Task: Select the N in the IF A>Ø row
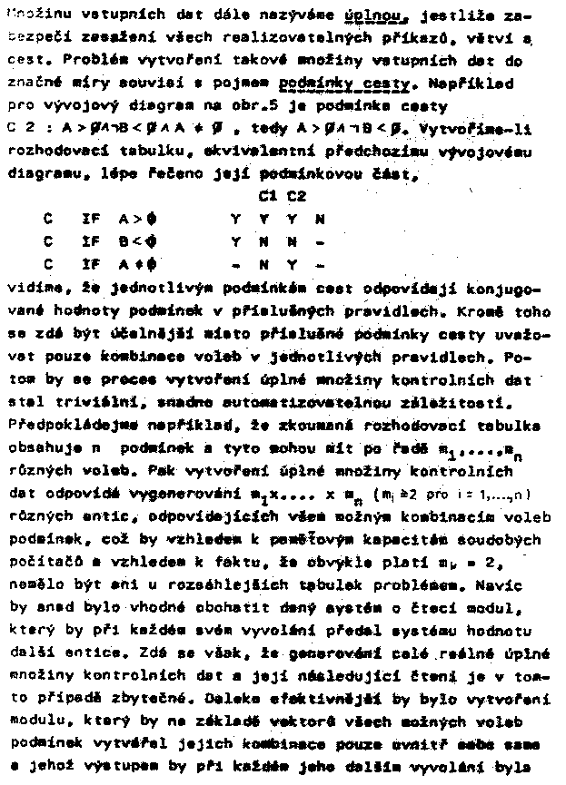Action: pyautogui.click(x=319, y=219)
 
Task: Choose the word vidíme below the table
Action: pyautogui.click(x=29, y=289)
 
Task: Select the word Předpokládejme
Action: pyautogui.click(x=60, y=422)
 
